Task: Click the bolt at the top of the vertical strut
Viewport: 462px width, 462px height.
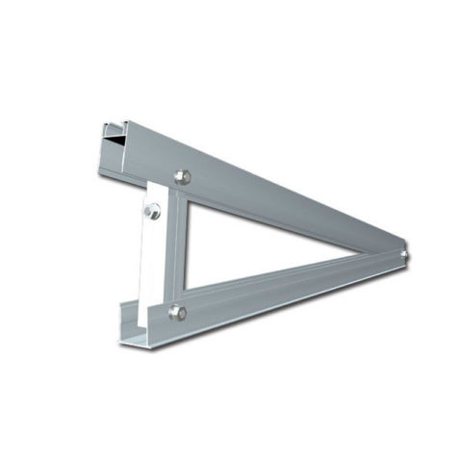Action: point(183,176)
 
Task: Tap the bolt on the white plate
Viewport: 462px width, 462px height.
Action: point(152,213)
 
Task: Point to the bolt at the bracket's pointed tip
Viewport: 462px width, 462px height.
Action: point(405,255)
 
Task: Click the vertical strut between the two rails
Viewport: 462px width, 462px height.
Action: point(176,245)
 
